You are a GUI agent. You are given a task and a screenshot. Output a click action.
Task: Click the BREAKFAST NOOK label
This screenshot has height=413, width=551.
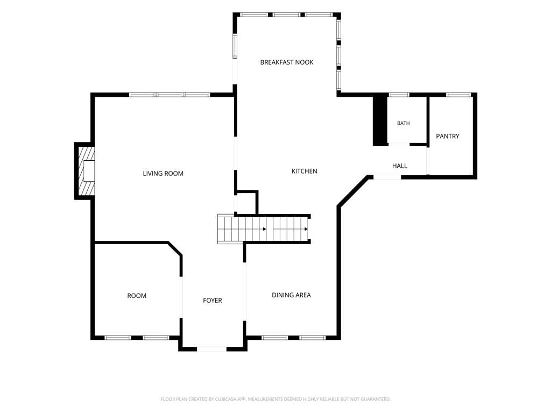pyautogui.click(x=287, y=62)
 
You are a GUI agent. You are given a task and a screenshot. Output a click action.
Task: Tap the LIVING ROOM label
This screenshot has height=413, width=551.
pyautogui.click(x=163, y=174)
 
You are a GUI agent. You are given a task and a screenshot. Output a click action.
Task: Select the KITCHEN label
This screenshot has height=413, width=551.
pyautogui.click(x=305, y=171)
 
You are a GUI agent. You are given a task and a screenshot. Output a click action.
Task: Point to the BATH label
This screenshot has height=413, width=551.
pyautogui.click(x=404, y=123)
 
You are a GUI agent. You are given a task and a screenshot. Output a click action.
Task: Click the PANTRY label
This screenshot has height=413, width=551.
pyautogui.click(x=448, y=136)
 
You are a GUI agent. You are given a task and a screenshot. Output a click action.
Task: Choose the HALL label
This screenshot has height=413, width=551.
pyautogui.click(x=400, y=166)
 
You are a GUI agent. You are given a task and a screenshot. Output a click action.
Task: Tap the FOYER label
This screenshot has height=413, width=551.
pyautogui.click(x=213, y=300)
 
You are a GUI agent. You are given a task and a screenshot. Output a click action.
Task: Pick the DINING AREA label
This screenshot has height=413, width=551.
pyautogui.click(x=291, y=295)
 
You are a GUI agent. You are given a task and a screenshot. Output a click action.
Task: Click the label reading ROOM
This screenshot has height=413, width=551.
pyautogui.click(x=137, y=296)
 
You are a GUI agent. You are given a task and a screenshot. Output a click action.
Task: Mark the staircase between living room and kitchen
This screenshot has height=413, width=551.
pyautogui.click(x=264, y=229)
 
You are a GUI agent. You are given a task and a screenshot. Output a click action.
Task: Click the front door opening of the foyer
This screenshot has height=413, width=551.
pyautogui.click(x=211, y=349)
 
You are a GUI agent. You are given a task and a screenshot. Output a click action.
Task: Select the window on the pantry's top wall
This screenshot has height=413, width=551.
pyautogui.click(x=458, y=95)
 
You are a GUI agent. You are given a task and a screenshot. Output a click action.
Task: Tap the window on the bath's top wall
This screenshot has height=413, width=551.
pyautogui.click(x=399, y=95)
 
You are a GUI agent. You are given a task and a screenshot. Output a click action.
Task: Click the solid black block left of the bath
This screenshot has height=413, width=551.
pyautogui.click(x=380, y=120)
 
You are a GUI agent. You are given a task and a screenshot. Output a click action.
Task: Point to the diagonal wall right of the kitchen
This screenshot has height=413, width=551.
pyautogui.click(x=353, y=191)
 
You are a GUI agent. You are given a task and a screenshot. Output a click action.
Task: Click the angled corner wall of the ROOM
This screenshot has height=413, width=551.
pyautogui.click(x=175, y=248)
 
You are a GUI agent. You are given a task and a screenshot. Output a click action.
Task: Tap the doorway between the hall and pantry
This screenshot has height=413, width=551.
pyautogui.click(x=428, y=161)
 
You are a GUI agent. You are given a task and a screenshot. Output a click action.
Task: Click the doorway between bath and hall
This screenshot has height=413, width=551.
pyautogui.click(x=399, y=144)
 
